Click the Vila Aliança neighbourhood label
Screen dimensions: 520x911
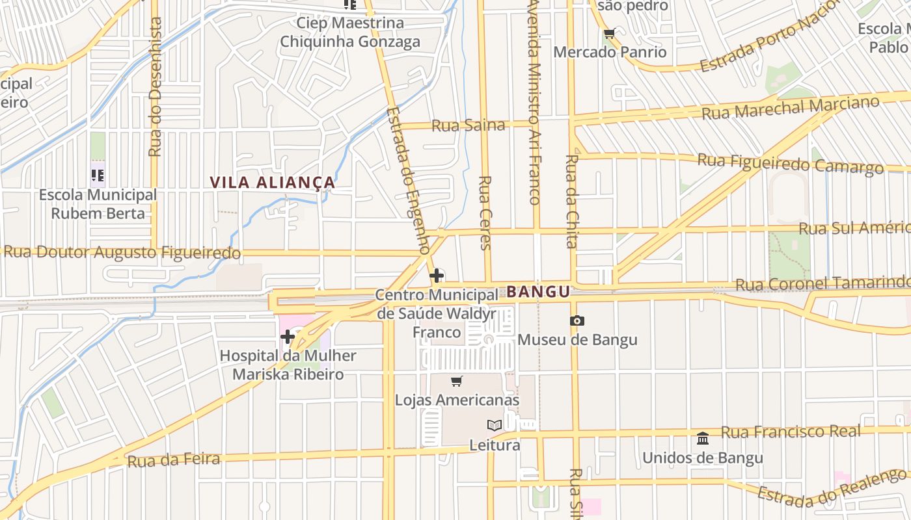pos(273,183)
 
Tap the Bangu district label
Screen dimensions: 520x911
pos(538,292)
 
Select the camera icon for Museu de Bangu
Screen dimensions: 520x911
pos(577,320)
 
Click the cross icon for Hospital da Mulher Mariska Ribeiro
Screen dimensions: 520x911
pos(288,337)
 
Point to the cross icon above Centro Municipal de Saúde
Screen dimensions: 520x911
pos(437,276)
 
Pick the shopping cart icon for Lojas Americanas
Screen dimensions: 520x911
pos(457,382)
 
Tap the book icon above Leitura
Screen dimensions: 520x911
pos(495,425)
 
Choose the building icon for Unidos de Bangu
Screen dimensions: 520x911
pos(703,439)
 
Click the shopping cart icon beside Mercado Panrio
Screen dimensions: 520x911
pos(609,34)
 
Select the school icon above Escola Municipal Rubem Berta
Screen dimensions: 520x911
pos(98,175)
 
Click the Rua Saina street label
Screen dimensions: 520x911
pos(468,125)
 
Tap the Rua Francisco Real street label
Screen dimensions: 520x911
pos(791,432)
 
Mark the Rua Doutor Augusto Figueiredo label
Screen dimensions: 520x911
pos(122,252)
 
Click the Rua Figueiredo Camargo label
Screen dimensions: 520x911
pos(790,163)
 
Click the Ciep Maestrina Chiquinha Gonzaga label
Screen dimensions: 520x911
pos(350,32)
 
